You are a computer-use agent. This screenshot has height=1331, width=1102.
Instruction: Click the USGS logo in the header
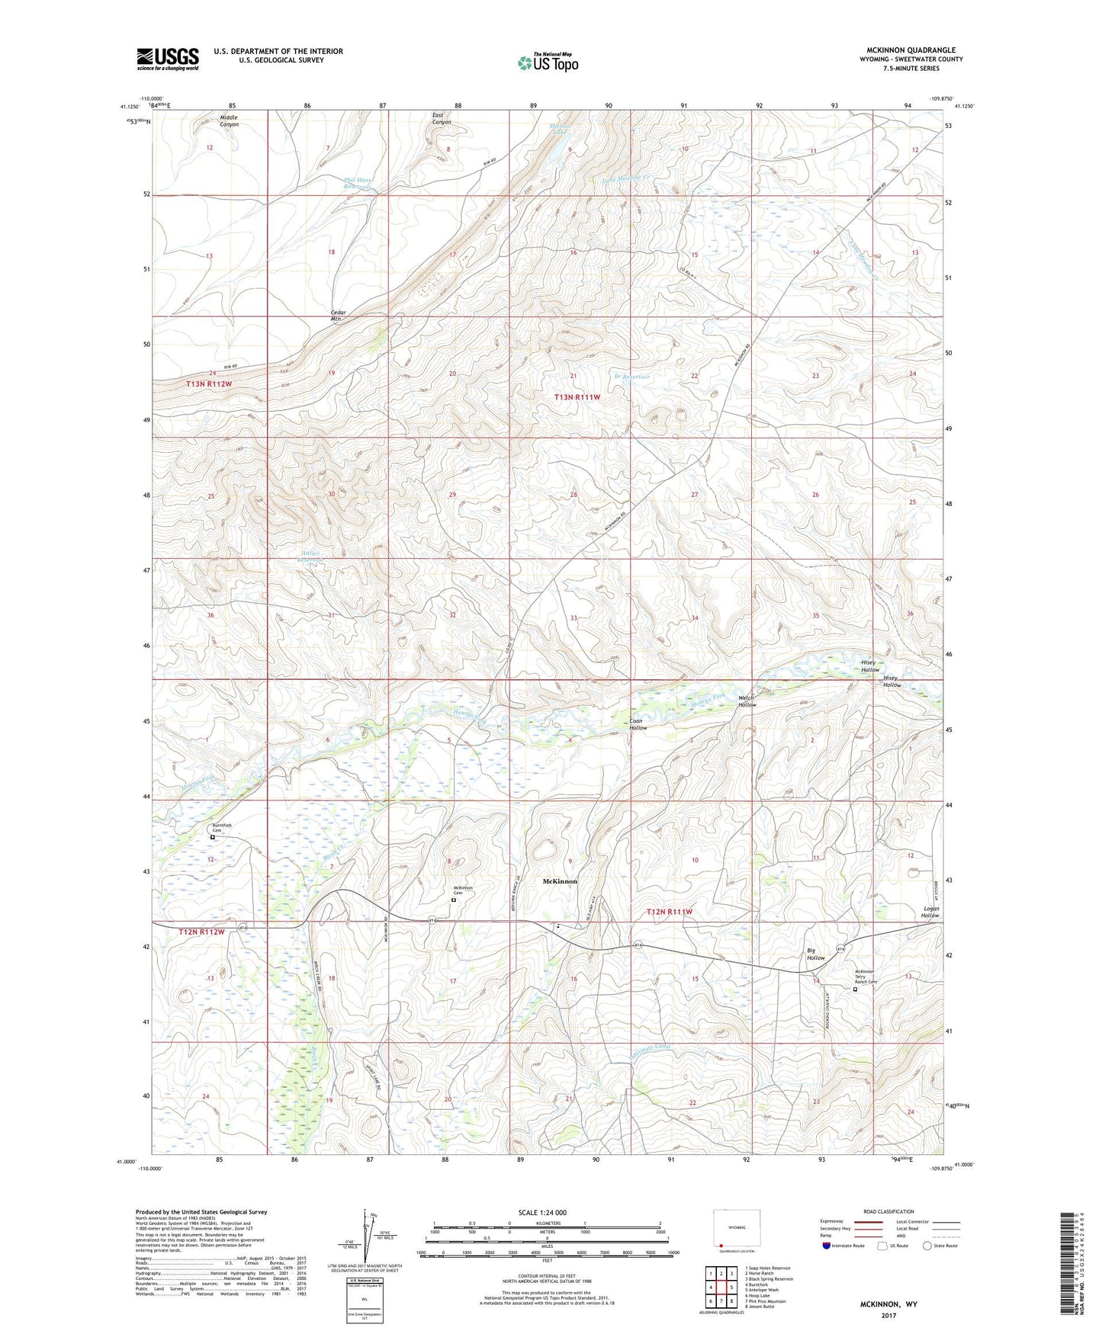(167, 59)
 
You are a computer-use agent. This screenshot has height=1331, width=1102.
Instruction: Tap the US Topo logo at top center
(548, 63)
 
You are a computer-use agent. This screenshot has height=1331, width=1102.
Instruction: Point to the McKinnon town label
(559, 881)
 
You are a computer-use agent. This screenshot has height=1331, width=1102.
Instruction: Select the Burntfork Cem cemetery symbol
(213, 837)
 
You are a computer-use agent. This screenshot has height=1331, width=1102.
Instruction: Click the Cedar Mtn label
(339, 316)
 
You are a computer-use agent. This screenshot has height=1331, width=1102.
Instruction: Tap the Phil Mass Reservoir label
(356, 183)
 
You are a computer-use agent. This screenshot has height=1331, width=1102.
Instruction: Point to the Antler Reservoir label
(312, 556)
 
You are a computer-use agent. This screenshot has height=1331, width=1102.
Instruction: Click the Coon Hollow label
(638, 724)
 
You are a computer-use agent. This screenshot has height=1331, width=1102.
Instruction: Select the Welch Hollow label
(747, 701)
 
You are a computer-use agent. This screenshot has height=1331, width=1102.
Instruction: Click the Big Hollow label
(816, 954)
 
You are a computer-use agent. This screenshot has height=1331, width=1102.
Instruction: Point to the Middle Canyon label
(229, 120)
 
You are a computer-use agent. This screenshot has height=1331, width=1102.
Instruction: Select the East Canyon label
(442, 118)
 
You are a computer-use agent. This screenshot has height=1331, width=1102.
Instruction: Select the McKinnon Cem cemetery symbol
(454, 900)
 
